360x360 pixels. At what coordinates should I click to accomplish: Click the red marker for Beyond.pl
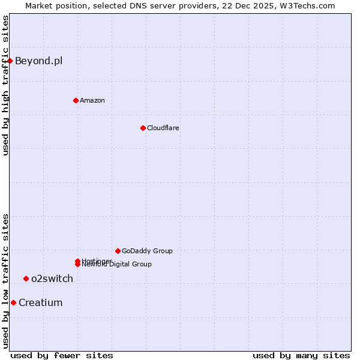[x=10, y=61]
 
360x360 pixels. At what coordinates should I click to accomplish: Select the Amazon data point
[x=76, y=100]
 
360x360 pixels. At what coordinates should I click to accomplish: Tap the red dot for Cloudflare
[x=143, y=128]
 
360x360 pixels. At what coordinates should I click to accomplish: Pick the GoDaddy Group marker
[x=118, y=251]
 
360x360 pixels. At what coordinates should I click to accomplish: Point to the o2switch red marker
[x=26, y=278]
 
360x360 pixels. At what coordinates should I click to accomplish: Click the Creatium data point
[x=13, y=302]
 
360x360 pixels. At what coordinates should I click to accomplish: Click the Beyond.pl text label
[x=38, y=61]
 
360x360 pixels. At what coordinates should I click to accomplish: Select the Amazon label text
[x=92, y=100]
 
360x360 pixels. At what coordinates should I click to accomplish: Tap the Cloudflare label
[x=163, y=128]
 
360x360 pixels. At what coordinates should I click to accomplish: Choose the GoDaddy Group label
[x=147, y=251]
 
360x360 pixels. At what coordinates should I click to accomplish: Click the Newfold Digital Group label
[x=118, y=265]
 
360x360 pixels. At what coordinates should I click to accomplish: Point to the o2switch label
[x=52, y=278]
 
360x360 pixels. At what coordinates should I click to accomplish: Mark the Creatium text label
[x=40, y=302]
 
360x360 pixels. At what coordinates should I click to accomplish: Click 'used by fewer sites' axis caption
[x=62, y=355]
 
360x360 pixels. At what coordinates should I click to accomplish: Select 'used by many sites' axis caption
[x=301, y=355]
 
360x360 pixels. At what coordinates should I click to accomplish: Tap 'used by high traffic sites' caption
[x=5, y=85]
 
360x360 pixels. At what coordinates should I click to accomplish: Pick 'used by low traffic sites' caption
[x=5, y=281]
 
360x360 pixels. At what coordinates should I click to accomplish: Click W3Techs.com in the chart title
[x=306, y=5]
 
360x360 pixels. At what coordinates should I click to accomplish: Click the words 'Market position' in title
[x=53, y=5]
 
